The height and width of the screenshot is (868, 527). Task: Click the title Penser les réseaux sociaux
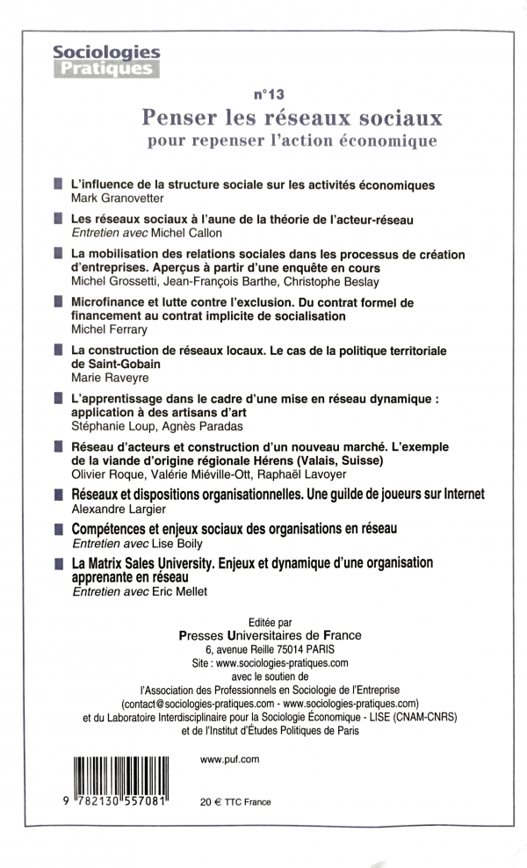[292, 116]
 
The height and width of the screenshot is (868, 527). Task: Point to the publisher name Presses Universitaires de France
[269, 634]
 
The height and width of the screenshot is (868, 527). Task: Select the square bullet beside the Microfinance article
[57, 302]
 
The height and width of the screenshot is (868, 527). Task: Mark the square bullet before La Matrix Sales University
[57, 561]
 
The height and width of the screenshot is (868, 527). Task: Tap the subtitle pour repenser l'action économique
[292, 140]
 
